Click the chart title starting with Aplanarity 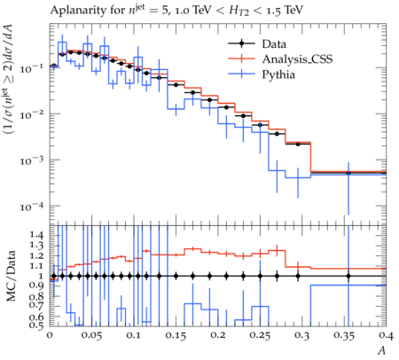tap(176, 11)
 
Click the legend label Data tap(274, 44)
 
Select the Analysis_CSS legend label tap(297, 59)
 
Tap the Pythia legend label tap(278, 74)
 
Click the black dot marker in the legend tap(241, 43)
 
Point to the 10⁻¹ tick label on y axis tap(31, 68)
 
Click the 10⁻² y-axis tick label tap(31, 114)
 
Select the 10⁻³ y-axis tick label tap(31, 160)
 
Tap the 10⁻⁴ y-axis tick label tap(31, 207)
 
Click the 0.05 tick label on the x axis tap(91, 335)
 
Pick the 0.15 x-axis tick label tap(176, 335)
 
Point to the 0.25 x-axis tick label tap(260, 335)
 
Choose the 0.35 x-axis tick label tap(344, 335)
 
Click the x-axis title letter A tap(382, 350)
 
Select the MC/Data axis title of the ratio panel tap(11, 276)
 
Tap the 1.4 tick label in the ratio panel tap(36, 235)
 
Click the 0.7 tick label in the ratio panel tap(36, 305)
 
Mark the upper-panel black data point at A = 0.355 tap(348, 173)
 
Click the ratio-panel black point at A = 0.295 tap(298, 277)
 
